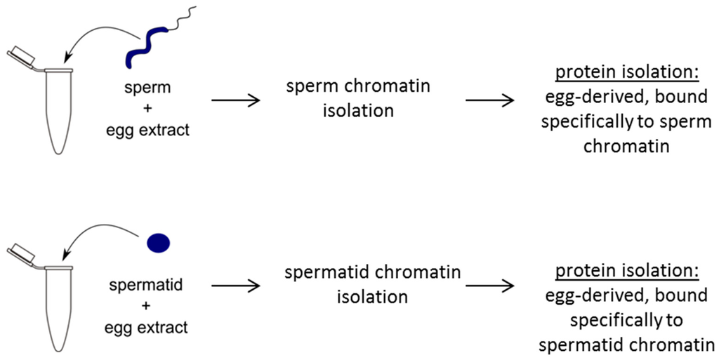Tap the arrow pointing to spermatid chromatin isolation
point(236,286)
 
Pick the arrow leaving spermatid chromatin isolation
point(489,286)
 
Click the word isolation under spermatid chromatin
point(372,296)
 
